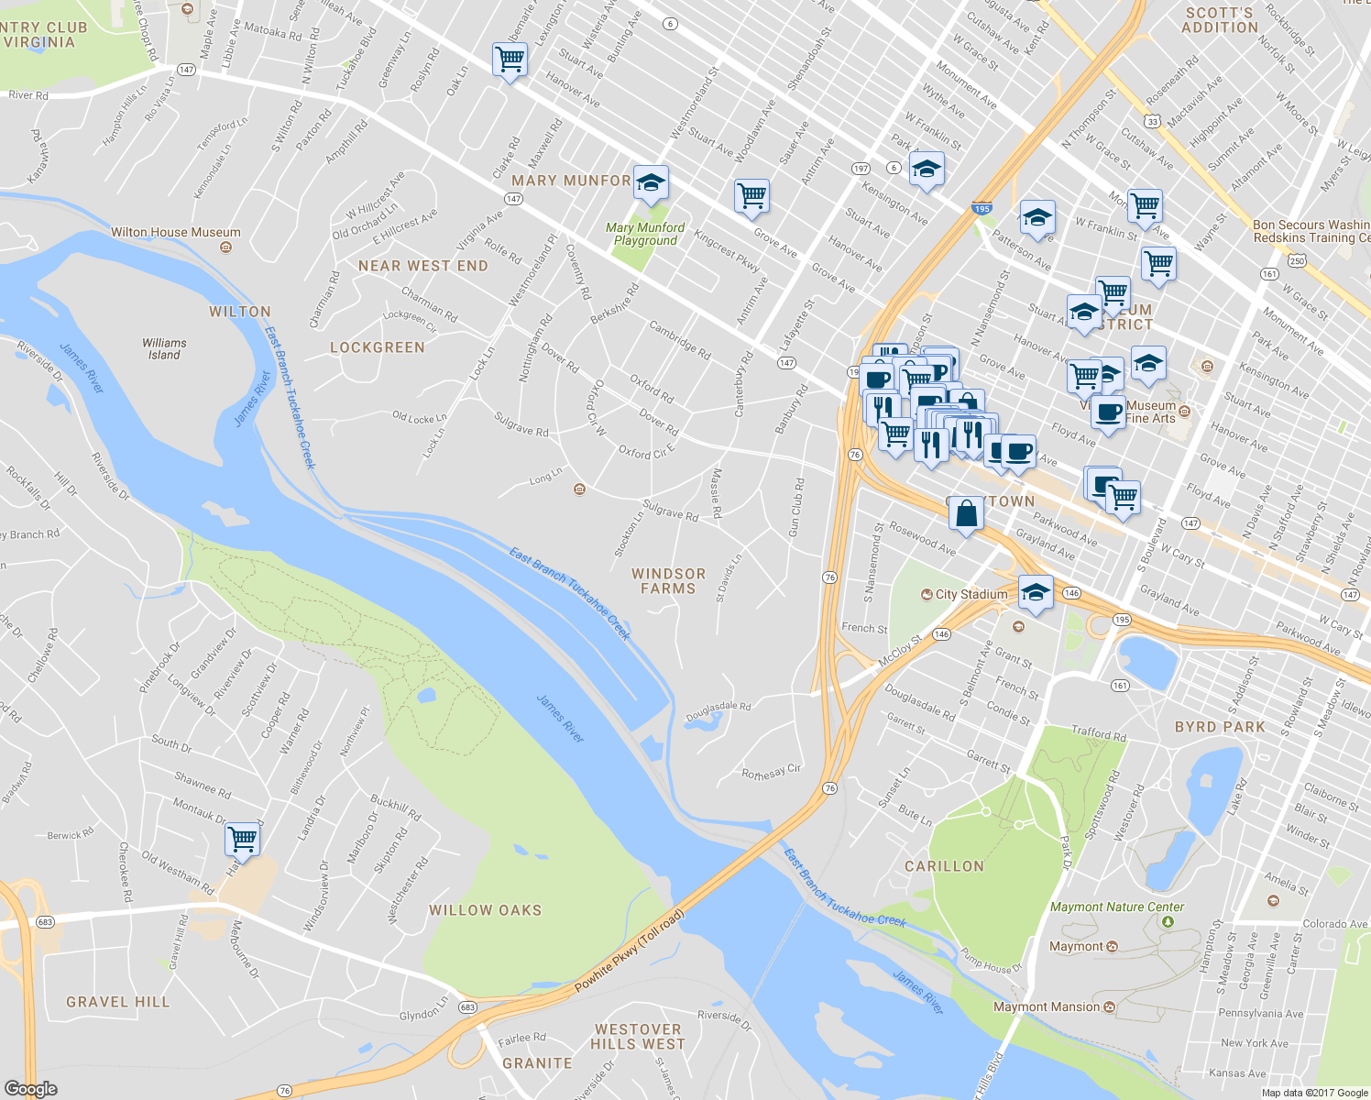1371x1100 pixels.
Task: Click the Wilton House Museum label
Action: coord(176,233)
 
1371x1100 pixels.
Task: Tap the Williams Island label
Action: coord(164,348)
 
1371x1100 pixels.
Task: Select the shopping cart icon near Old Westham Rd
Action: coord(242,837)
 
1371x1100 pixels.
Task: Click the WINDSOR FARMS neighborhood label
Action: coord(669,581)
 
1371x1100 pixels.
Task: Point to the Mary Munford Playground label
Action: coord(645,234)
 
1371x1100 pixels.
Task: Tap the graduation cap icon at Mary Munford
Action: coord(651,181)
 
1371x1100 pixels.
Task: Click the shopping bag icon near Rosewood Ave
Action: coord(966,513)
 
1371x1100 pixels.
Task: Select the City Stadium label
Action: coord(971,594)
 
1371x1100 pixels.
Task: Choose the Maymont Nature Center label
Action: coord(1117,907)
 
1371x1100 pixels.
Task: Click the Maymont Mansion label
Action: coord(1047,1006)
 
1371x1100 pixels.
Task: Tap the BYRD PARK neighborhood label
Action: coord(1220,727)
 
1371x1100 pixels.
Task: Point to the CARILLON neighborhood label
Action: coord(944,866)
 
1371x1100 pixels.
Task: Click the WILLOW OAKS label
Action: coord(485,910)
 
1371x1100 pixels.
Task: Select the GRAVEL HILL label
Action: coord(118,1002)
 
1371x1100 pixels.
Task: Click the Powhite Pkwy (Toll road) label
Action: coord(629,951)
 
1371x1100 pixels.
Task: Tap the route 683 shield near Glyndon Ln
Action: coord(467,1007)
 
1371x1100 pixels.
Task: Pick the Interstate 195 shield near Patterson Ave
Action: coord(982,209)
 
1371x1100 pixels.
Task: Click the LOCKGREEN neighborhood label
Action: coord(378,347)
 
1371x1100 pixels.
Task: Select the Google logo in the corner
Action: coord(30,1089)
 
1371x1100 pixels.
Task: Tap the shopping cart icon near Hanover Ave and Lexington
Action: coord(510,60)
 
